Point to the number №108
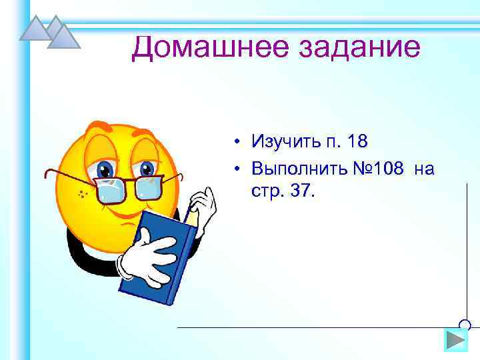coord(379,169)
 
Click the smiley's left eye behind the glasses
coord(105,169)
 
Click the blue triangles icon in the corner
coord(50,32)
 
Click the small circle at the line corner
coord(465,325)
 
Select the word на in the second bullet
coord(424,169)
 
